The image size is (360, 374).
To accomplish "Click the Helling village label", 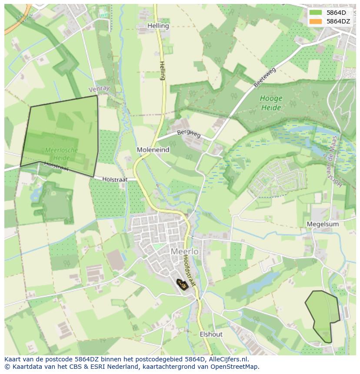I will coord(158,26).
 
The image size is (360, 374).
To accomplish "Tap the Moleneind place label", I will coord(153,149).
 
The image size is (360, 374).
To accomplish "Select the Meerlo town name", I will coord(184,252).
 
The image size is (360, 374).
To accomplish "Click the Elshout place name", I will coord(211,334).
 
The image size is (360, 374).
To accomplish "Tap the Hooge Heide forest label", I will coord(271,103).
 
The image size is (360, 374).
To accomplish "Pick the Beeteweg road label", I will coord(265,77).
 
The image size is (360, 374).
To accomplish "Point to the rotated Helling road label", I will coord(163,70).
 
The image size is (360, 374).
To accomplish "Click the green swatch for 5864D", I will coord(316,13).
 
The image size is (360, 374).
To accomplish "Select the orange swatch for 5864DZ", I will coord(316,21).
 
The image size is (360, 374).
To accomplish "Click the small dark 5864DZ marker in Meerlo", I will coord(183,285).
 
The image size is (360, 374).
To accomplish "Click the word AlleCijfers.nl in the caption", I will coord(227,359).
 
